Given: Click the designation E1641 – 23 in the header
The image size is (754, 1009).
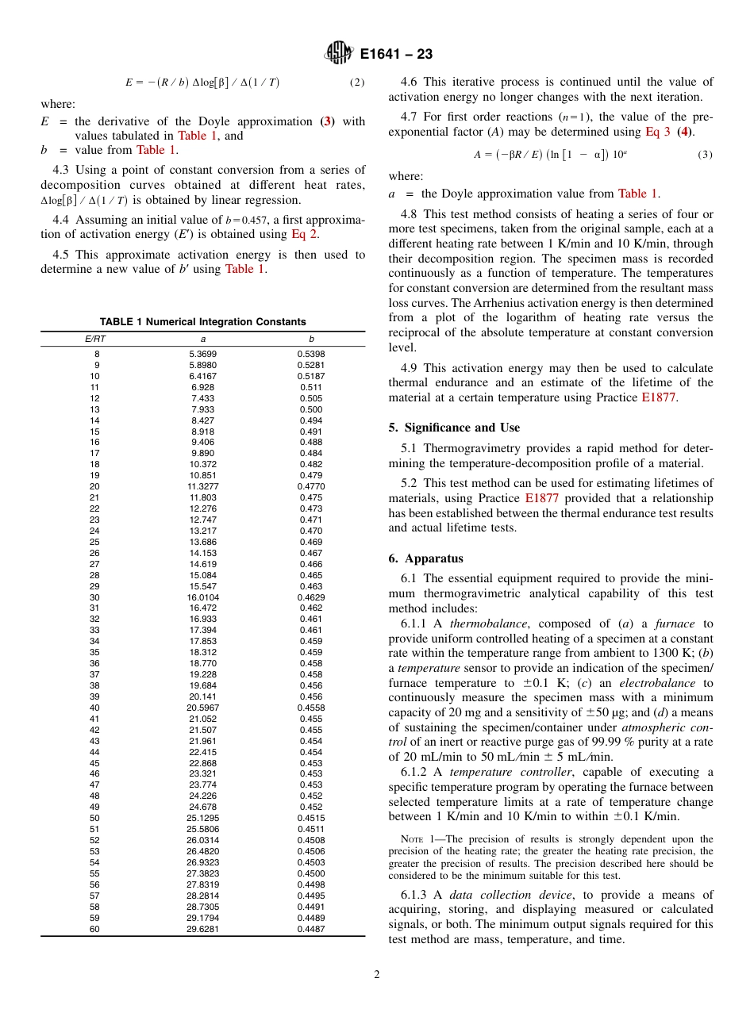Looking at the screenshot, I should [396, 55].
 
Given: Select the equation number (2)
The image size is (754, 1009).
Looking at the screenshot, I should [357, 82].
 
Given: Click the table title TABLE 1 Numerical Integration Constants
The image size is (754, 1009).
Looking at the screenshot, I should [202, 322].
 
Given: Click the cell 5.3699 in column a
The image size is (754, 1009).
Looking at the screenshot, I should [202, 354].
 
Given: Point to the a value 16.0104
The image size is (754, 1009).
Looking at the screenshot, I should [202, 597].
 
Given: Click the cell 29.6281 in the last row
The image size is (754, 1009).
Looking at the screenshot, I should [202, 929].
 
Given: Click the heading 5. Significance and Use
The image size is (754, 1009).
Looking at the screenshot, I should [454, 428].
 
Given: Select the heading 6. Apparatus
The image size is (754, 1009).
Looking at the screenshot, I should [426, 558].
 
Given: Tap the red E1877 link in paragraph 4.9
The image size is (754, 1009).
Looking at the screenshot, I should [658, 397].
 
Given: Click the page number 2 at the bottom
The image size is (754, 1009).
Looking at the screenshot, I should [377, 975].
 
